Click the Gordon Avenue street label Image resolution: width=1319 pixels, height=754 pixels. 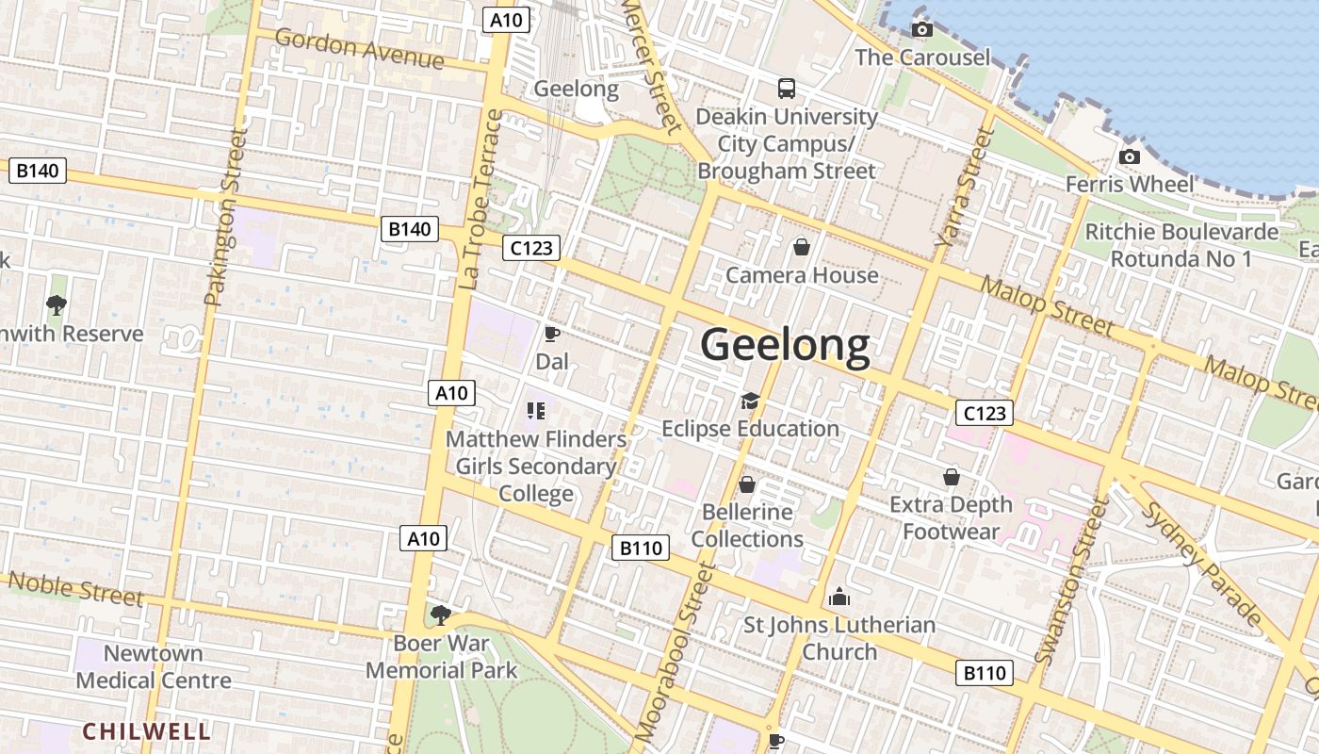click(x=359, y=48)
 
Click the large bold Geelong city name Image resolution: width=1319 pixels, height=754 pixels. click(x=785, y=345)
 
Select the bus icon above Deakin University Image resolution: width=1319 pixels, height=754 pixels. click(x=787, y=89)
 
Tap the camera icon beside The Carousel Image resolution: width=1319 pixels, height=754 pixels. click(x=922, y=30)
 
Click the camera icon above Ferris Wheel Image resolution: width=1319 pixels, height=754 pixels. click(x=1130, y=156)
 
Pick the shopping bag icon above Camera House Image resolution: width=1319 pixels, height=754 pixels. click(x=801, y=247)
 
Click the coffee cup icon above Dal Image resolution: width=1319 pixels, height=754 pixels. click(x=552, y=334)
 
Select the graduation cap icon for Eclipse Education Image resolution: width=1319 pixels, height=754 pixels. click(x=750, y=402)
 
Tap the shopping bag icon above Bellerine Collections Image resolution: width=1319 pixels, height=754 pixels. click(x=747, y=484)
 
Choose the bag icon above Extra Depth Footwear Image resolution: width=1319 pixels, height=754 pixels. click(x=952, y=477)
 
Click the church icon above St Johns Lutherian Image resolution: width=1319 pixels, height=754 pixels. click(x=839, y=597)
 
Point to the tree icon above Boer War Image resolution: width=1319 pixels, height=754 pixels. click(x=440, y=615)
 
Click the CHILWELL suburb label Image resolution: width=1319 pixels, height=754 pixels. click(x=146, y=731)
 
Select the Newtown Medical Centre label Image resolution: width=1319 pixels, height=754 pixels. click(x=154, y=666)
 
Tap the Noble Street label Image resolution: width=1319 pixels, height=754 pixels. click(x=75, y=588)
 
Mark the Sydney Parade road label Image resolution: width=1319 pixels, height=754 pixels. click(x=1202, y=564)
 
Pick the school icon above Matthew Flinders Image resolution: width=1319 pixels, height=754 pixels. click(x=536, y=410)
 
